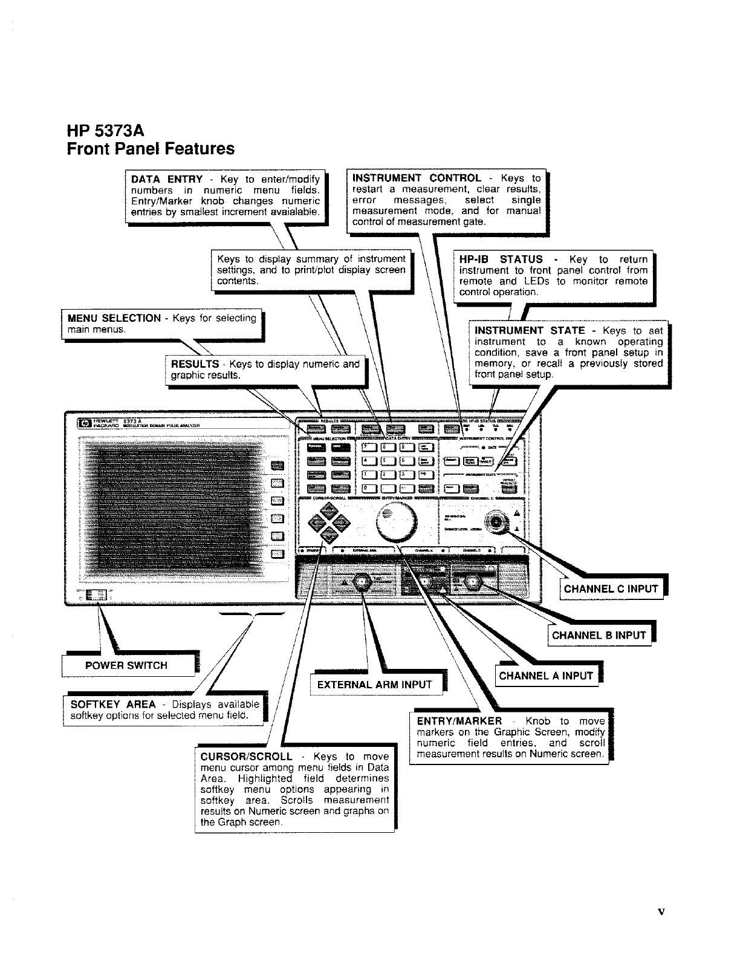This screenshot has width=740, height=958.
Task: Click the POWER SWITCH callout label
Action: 126,665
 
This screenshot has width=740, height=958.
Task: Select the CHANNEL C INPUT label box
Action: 611,589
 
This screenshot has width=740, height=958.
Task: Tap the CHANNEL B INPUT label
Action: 599,635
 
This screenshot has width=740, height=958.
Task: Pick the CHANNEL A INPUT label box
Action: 546,676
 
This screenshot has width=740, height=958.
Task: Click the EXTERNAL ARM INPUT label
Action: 374,685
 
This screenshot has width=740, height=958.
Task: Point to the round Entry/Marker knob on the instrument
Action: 397,522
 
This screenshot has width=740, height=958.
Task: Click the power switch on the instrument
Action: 94,596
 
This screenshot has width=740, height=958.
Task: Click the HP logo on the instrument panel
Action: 81,423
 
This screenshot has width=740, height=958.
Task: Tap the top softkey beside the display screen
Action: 277,465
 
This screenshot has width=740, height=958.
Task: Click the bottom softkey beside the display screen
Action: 277,553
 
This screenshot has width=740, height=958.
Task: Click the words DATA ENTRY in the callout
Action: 167,179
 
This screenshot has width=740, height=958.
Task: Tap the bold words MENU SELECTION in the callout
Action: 114,318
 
